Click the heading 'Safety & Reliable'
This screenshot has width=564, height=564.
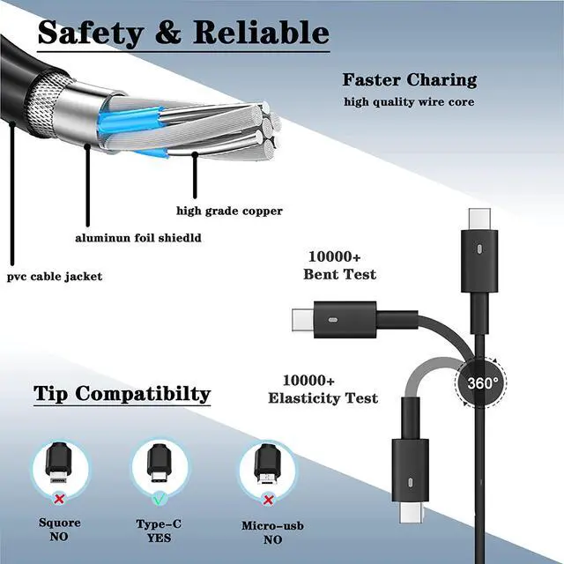[183, 33]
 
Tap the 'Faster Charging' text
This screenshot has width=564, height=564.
[409, 80]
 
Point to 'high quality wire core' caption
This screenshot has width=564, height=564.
[409, 101]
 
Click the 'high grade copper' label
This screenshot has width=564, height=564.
[229, 211]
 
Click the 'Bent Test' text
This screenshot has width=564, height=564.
[339, 274]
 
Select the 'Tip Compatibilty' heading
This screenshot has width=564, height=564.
[122, 393]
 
